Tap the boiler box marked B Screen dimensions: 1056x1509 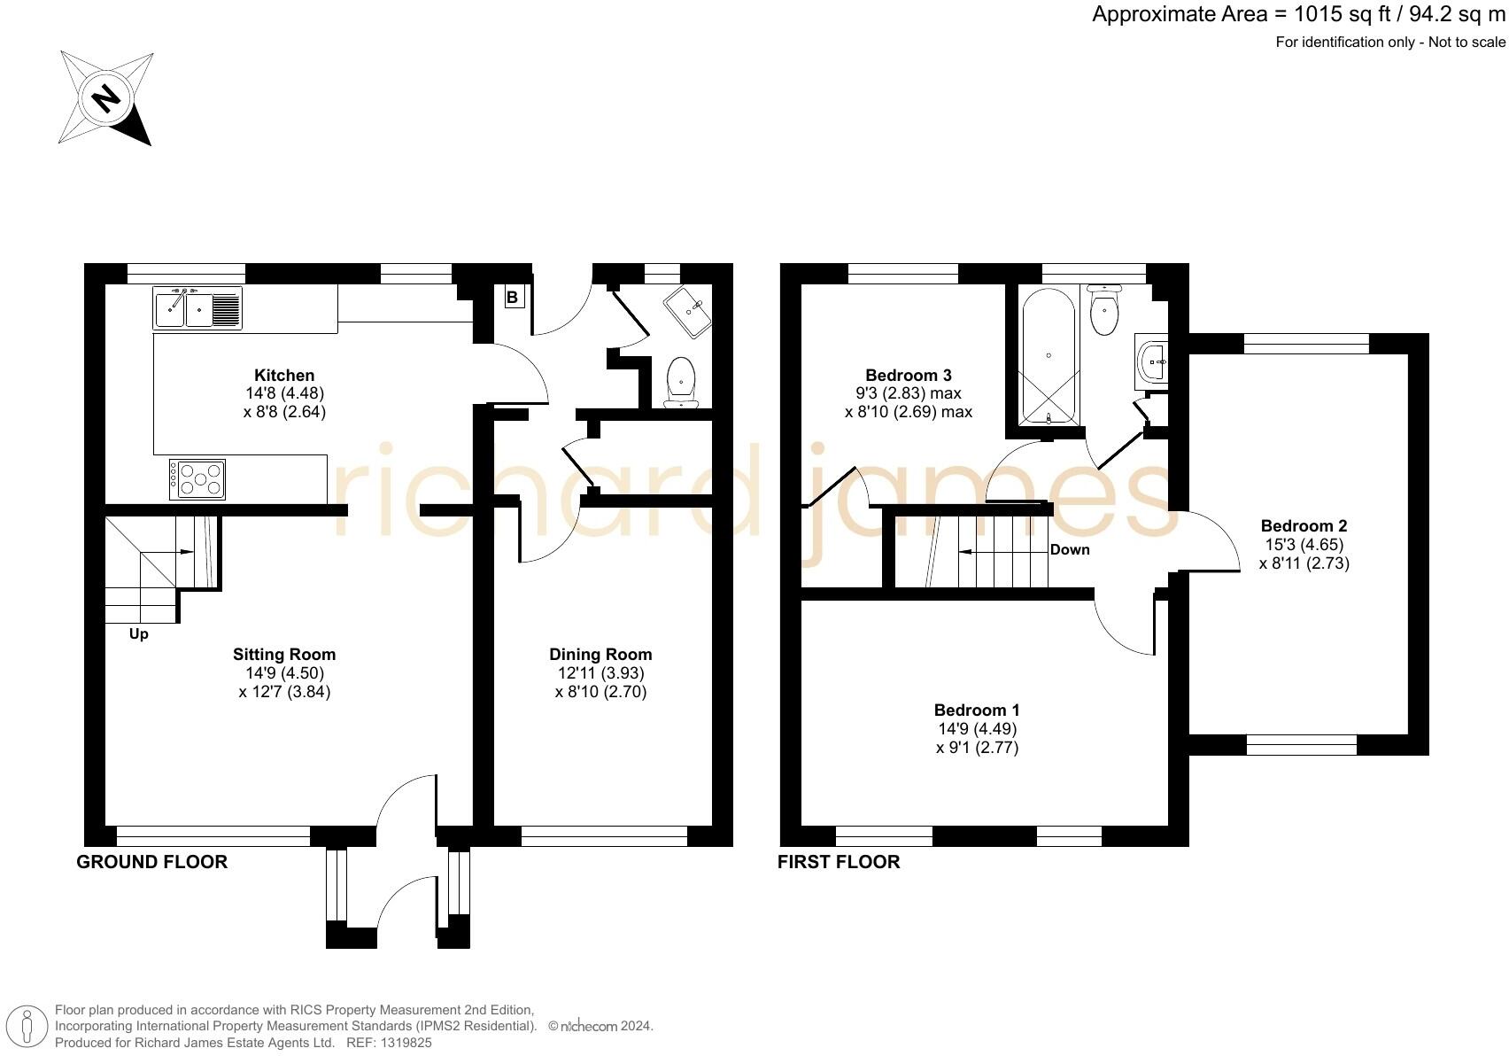coord(513,298)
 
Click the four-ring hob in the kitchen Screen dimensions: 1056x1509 coord(197,479)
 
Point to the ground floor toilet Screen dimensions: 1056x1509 coord(680,383)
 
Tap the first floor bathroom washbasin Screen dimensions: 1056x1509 coord(1152,361)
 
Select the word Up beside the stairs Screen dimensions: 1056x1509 coord(138,634)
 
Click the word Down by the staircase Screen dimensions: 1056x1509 coord(1070,549)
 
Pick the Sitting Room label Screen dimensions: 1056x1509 coord(284,655)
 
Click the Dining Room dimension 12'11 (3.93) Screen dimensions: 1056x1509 coord(600,673)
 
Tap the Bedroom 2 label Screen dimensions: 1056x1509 coord(1304,526)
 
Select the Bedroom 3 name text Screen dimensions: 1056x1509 coord(908,375)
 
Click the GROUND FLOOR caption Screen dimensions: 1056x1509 coord(152,862)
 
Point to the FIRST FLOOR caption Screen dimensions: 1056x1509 coord(839,862)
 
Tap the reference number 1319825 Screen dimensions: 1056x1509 coord(406,1043)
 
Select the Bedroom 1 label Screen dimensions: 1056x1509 coord(977,710)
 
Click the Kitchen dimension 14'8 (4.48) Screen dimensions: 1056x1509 coord(284,393)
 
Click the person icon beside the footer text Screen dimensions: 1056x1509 coord(27,1028)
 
